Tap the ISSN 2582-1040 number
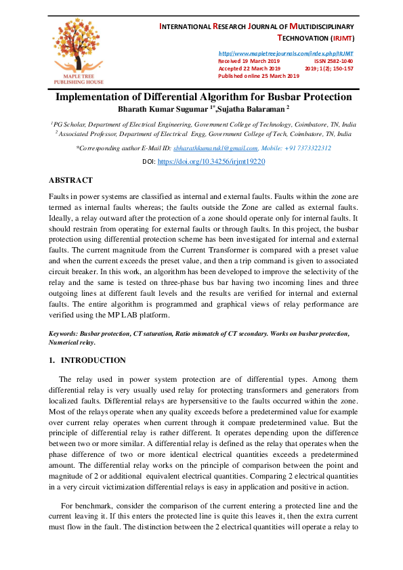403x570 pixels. click(333, 61)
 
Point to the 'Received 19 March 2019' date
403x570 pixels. click(249, 61)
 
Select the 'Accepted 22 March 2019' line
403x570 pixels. click(249, 68)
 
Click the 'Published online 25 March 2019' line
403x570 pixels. click(258, 76)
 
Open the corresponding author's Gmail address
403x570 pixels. click(215, 148)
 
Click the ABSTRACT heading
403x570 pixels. click(70, 181)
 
